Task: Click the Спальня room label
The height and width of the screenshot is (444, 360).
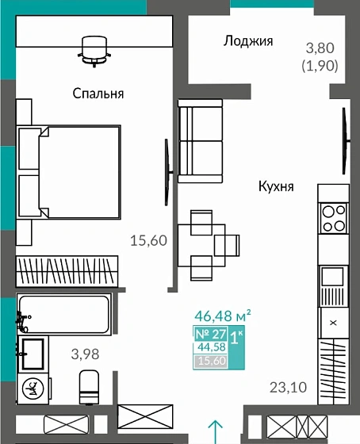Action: click(98, 94)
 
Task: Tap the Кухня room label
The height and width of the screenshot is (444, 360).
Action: click(276, 187)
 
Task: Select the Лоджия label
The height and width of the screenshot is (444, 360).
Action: click(248, 41)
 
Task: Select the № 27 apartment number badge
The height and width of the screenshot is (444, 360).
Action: click(210, 333)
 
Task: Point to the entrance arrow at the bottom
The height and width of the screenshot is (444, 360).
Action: click(215, 430)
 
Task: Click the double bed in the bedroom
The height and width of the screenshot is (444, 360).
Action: click(70, 172)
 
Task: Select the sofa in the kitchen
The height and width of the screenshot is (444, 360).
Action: click(195, 140)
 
